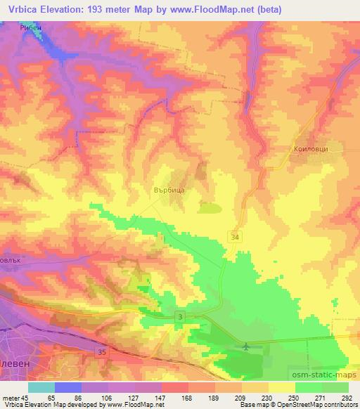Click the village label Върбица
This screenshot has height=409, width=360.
tap(168, 189)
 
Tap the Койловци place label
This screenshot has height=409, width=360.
tap(309, 149)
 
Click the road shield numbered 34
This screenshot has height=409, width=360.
tap(233, 239)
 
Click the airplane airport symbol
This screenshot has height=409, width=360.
tap(245, 346)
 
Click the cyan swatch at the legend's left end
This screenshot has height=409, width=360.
tap(41, 387)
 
